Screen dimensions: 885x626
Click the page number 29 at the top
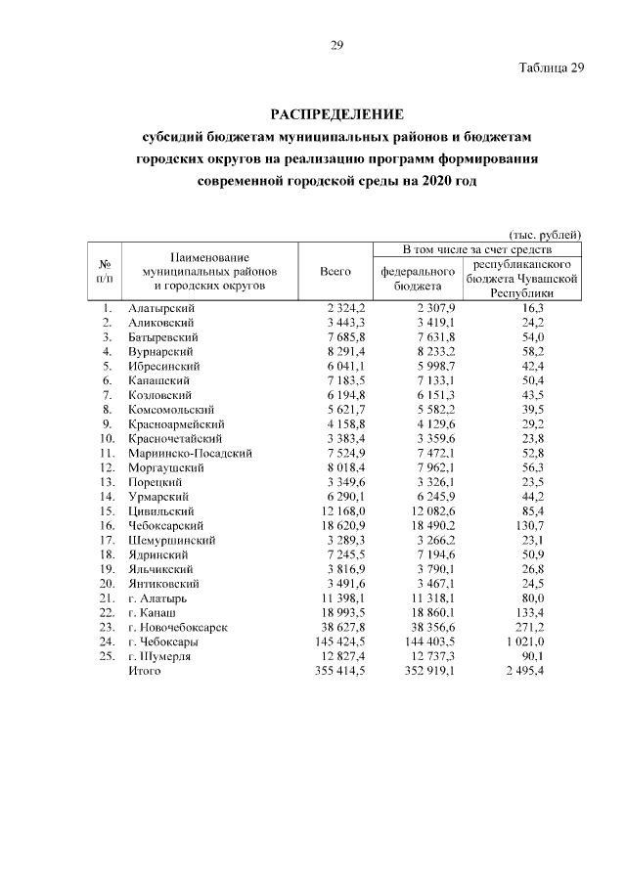pyautogui.click(x=335, y=44)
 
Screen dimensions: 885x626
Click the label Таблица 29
pyautogui.click(x=551, y=67)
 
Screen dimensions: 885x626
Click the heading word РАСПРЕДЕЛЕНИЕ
pyautogui.click(x=335, y=114)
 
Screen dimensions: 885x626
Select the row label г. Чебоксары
pyautogui.click(x=164, y=642)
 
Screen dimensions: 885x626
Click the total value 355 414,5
pyautogui.click(x=337, y=672)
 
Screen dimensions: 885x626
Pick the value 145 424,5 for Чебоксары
pyautogui.click(x=337, y=642)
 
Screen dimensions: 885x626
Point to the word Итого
pyautogui.click(x=143, y=672)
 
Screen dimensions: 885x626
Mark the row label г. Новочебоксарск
pyautogui.click(x=178, y=628)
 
